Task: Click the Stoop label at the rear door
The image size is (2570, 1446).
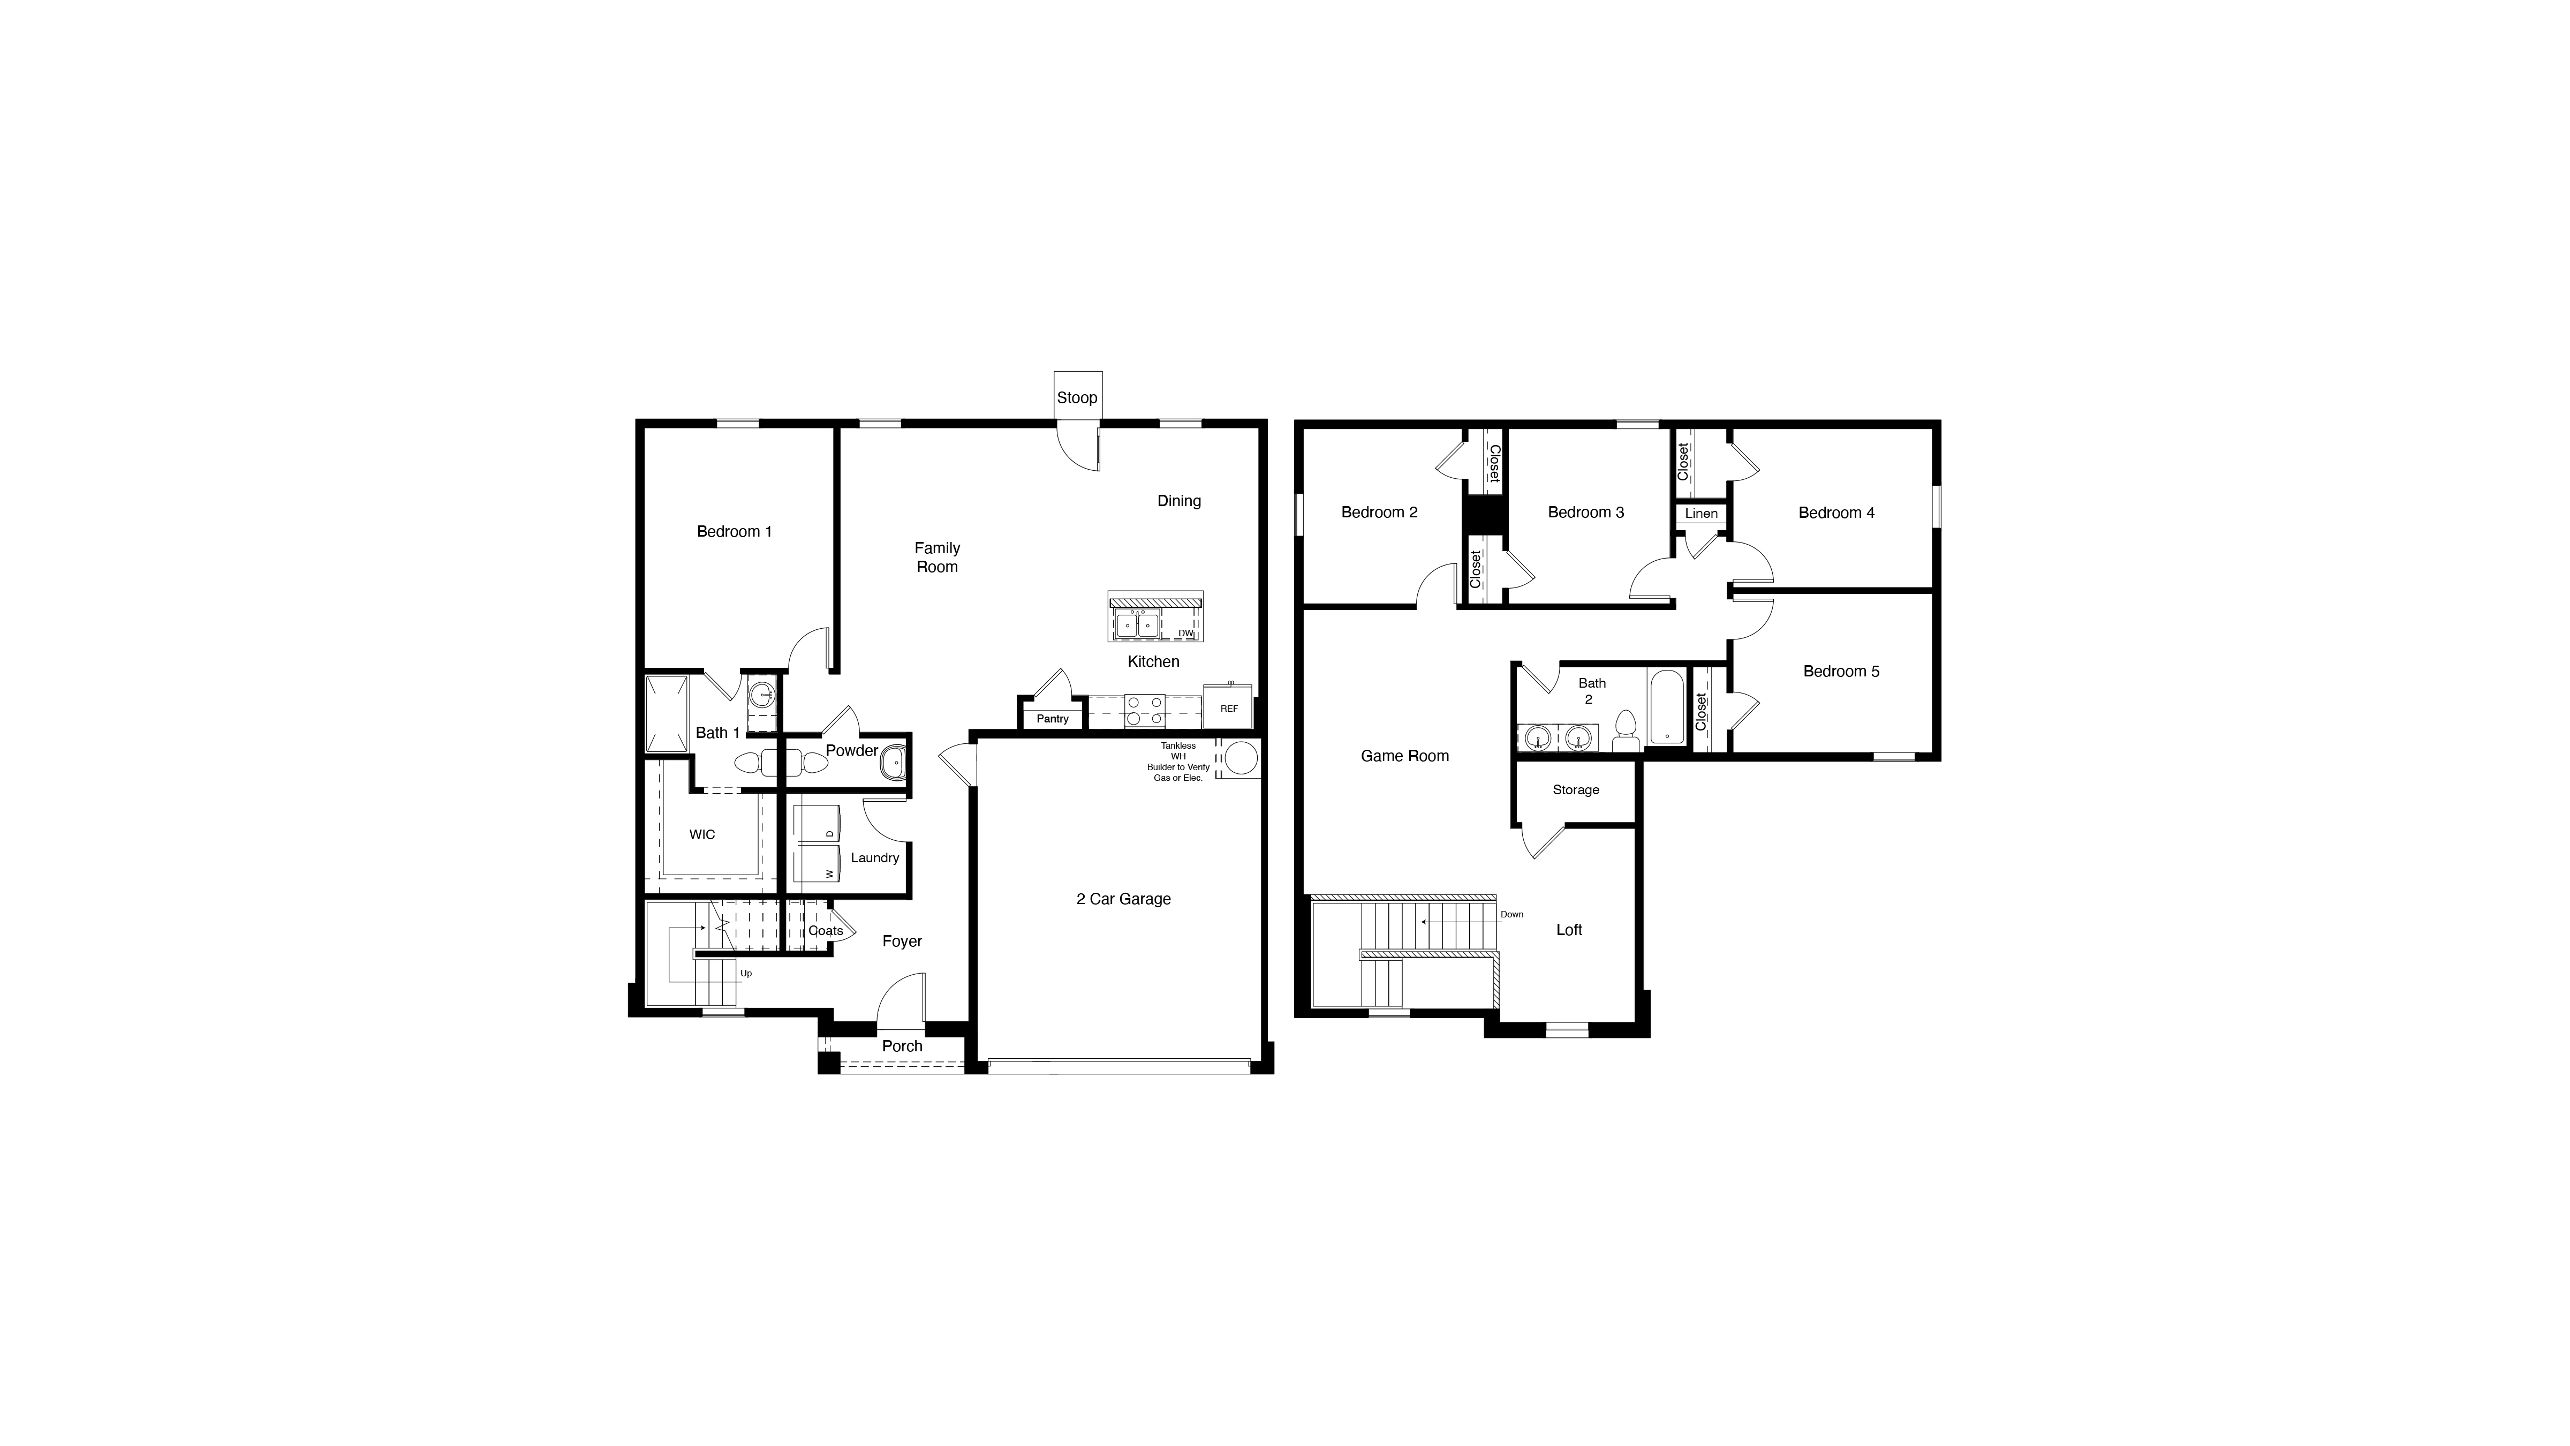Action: click(x=1077, y=397)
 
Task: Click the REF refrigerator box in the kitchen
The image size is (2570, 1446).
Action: click(x=1228, y=707)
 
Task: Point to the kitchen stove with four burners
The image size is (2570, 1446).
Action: click(x=1144, y=710)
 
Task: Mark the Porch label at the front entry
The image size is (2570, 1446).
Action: click(x=902, y=1046)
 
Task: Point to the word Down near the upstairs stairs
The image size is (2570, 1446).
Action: click(x=1511, y=914)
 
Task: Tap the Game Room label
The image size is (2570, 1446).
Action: click(x=1405, y=756)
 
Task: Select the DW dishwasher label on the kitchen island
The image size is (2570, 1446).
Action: click(x=1185, y=632)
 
